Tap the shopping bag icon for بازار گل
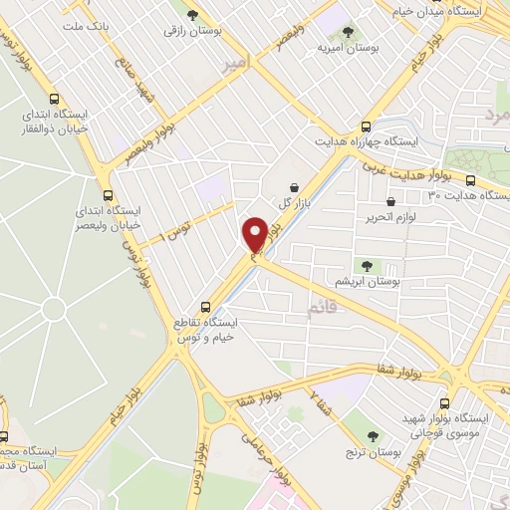pos(294,187)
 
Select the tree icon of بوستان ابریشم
pos(368,264)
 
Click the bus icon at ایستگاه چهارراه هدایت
pos(366,127)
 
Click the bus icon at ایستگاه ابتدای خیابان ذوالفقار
pos(54,99)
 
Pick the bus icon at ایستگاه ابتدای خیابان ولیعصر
pos(108,195)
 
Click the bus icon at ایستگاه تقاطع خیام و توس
pos(206,307)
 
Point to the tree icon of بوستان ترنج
pos(374,435)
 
